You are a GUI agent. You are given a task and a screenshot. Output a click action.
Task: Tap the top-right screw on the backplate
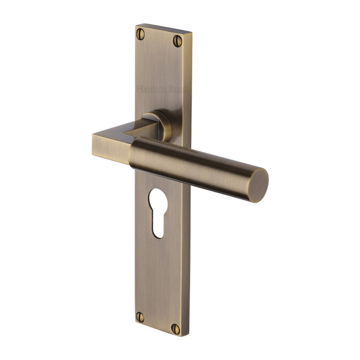(x=178, y=40)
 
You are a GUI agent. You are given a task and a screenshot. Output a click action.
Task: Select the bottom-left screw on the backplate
(x=140, y=317)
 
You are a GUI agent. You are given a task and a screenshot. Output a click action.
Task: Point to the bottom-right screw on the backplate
(x=175, y=329)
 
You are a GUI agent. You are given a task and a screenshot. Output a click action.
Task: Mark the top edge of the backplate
(x=164, y=28)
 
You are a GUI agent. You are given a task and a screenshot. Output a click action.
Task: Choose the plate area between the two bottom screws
(x=157, y=322)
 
